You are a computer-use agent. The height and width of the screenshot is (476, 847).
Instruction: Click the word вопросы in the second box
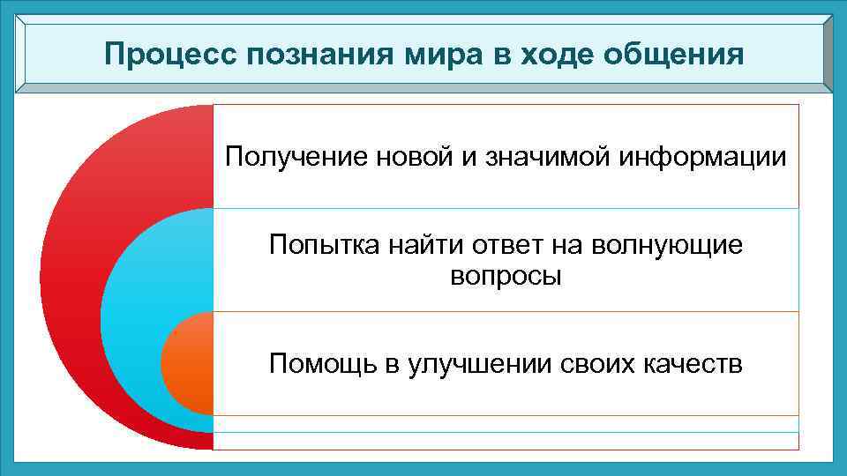pos(506,276)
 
